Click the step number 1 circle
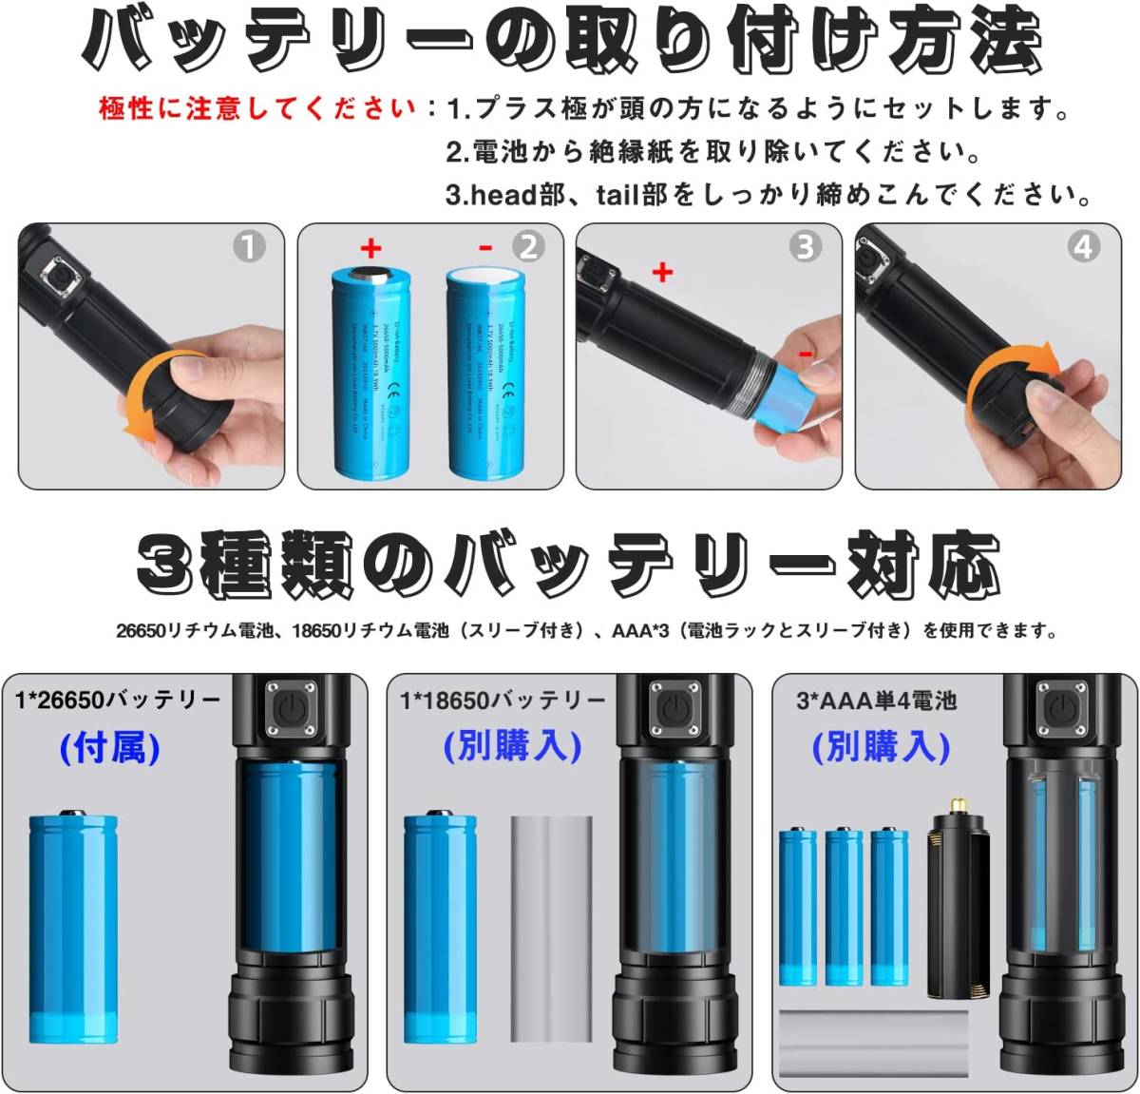coord(249,247)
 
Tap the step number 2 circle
coord(528,247)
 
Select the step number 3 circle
coord(806,247)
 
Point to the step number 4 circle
coord(1084,247)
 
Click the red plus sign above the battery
coord(370,250)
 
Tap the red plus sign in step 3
coord(662,273)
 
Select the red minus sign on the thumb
coord(804,354)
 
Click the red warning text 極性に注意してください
coord(257,108)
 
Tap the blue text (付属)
coord(109,748)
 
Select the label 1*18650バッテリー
coord(503,701)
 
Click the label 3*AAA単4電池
coord(876,701)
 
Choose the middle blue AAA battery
coord(843,907)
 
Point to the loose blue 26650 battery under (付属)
coord(73,928)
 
